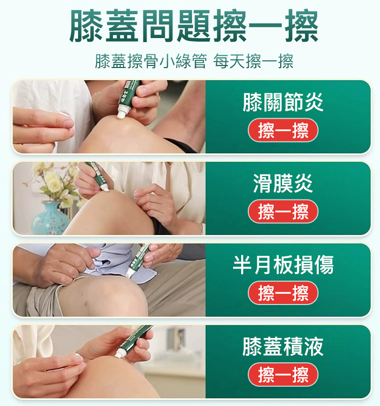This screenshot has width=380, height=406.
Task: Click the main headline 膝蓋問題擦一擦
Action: point(194,25)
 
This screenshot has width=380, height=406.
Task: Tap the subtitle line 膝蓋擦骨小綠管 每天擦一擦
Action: point(194,61)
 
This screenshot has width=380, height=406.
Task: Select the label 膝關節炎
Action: point(283,102)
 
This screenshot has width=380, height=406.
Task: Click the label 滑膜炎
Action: point(283,183)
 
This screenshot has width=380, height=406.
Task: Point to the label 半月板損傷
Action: point(283,264)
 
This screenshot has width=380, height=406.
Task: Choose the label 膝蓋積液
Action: point(283,346)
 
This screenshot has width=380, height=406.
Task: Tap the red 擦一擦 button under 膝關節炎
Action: point(283,130)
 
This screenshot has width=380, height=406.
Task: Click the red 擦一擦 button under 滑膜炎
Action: point(283,212)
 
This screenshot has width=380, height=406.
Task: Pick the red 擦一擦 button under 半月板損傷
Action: point(283,293)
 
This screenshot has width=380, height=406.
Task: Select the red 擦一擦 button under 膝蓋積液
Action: point(283,375)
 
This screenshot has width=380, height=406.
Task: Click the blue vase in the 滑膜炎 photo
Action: point(50,219)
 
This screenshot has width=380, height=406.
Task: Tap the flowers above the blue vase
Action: point(53,183)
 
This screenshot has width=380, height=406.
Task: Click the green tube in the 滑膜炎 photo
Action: point(97,176)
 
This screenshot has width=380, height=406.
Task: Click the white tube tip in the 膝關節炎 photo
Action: point(121,113)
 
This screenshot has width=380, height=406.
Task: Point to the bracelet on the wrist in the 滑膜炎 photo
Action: point(200,228)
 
